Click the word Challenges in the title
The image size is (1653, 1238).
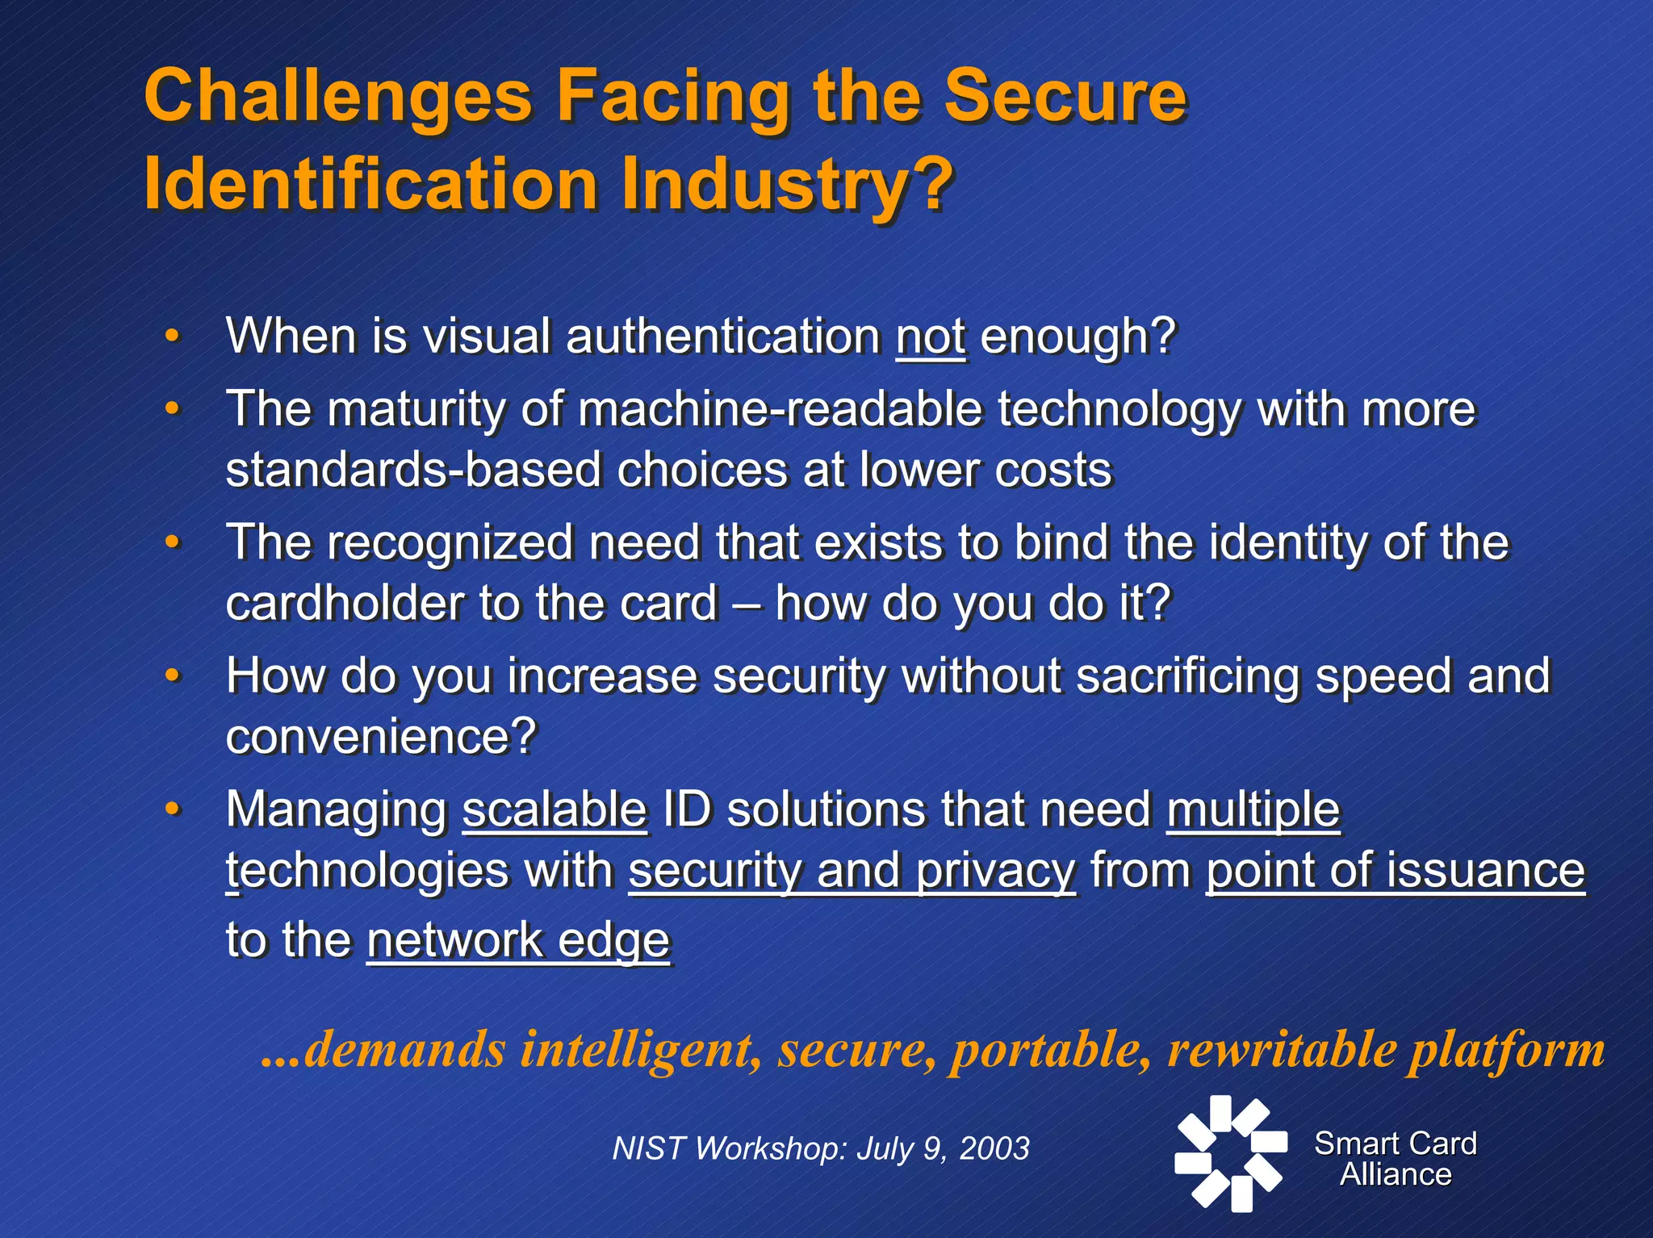coord(338,97)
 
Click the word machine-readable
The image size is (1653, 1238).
coord(780,409)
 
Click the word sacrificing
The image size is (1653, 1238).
coord(1188,675)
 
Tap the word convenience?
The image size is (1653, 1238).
coord(381,736)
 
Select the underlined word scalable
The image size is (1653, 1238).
coord(554,809)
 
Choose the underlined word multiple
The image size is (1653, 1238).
coord(1253,809)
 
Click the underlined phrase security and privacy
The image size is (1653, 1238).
coord(852,871)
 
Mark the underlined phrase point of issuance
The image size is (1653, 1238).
coord(1395,871)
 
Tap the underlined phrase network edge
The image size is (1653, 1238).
coord(518,940)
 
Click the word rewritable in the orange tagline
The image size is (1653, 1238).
coord(1282,1050)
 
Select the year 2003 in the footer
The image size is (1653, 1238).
coord(994,1148)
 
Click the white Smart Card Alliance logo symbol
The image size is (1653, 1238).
coord(1230,1152)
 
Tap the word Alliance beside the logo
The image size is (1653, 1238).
coord(1396,1174)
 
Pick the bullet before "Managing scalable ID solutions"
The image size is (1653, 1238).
coord(171,809)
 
